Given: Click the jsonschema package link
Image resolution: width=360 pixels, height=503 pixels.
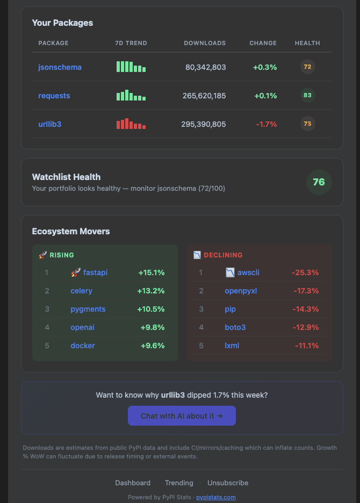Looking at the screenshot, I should point(60,67).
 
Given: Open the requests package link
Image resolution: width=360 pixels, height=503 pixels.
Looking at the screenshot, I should point(54,96).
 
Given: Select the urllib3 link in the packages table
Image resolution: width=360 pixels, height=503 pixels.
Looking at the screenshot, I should point(49,124).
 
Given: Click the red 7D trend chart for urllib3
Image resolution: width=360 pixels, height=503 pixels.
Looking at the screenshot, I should point(131,124).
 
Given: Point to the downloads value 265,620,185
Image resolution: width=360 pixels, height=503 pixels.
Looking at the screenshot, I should point(204,96).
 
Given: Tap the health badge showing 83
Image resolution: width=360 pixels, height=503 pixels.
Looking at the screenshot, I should point(307,96).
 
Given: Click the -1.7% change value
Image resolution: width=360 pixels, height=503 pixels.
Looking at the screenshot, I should point(266,124).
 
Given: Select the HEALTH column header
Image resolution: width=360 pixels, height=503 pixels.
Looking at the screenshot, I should point(307,43).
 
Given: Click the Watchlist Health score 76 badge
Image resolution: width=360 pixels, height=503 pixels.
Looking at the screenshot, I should point(319,182).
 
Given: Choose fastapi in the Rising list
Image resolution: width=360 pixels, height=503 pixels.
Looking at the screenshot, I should point(95,272).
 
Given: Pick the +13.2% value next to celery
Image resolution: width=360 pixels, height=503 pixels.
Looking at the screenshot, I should point(151,291).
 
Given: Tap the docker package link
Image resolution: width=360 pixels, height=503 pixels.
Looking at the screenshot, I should point(83,346).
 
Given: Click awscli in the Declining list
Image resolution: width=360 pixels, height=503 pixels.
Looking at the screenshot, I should point(248,272).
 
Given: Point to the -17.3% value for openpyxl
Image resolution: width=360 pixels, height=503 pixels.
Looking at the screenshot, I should point(306,291).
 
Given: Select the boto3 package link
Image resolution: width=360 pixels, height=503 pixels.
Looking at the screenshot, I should point(235,327).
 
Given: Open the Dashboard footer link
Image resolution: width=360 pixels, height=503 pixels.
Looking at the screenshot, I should point(133,483).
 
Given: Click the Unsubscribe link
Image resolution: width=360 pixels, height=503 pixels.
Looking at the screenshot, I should point(228,483).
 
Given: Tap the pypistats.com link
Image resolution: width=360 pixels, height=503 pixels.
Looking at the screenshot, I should point(215,497).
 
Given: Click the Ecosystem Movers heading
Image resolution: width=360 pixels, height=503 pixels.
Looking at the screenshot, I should point(71,232).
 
